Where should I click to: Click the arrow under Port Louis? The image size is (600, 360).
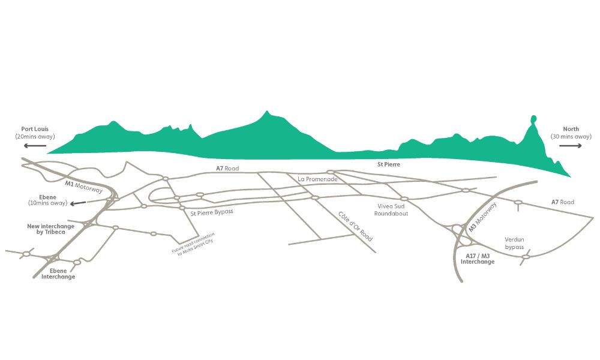click(35, 145)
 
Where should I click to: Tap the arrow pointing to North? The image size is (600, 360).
click(570, 145)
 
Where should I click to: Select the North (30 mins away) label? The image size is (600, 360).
click(571, 133)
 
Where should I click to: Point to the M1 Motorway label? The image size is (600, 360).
click(84, 187)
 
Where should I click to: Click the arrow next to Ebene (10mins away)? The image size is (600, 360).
click(78, 203)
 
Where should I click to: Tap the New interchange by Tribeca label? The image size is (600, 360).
click(50, 229)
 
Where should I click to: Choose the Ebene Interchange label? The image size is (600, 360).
click(58, 274)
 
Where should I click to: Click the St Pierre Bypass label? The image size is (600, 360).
click(212, 212)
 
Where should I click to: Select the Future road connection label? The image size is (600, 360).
click(194, 244)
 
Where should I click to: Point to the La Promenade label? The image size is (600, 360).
click(317, 179)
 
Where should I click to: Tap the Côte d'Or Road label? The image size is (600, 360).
click(355, 226)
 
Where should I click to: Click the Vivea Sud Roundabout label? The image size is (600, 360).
click(391, 209)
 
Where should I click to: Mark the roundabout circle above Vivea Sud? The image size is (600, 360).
click(404, 199)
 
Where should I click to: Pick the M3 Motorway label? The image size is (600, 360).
click(483, 217)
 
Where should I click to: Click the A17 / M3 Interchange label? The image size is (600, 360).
click(478, 259)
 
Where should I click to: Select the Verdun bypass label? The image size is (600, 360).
click(514, 244)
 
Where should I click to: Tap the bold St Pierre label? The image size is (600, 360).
click(388, 164)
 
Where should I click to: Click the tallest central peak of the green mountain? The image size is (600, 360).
click(267, 112)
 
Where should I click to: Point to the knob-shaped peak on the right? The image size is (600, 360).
click(533, 119)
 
